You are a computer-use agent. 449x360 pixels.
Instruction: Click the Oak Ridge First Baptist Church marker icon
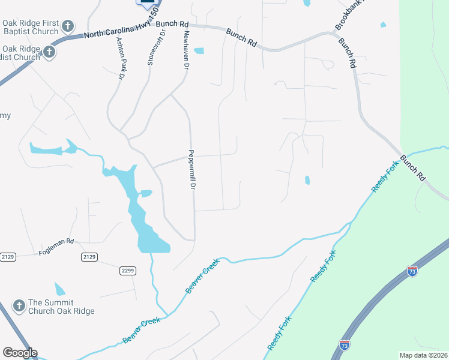point(68,26)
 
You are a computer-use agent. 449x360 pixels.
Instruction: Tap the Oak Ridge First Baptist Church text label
point(31,26)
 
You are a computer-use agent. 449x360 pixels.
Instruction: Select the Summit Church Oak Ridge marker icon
point(19,306)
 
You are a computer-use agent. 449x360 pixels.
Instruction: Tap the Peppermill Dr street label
point(193,170)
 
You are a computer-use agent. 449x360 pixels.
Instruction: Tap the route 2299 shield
point(127,271)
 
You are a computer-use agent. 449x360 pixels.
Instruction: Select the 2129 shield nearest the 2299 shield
point(89,257)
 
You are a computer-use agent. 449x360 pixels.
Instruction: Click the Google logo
point(20,353)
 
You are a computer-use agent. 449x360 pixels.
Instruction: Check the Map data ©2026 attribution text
point(423,355)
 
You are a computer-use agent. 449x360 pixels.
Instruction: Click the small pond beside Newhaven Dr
point(198,51)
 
